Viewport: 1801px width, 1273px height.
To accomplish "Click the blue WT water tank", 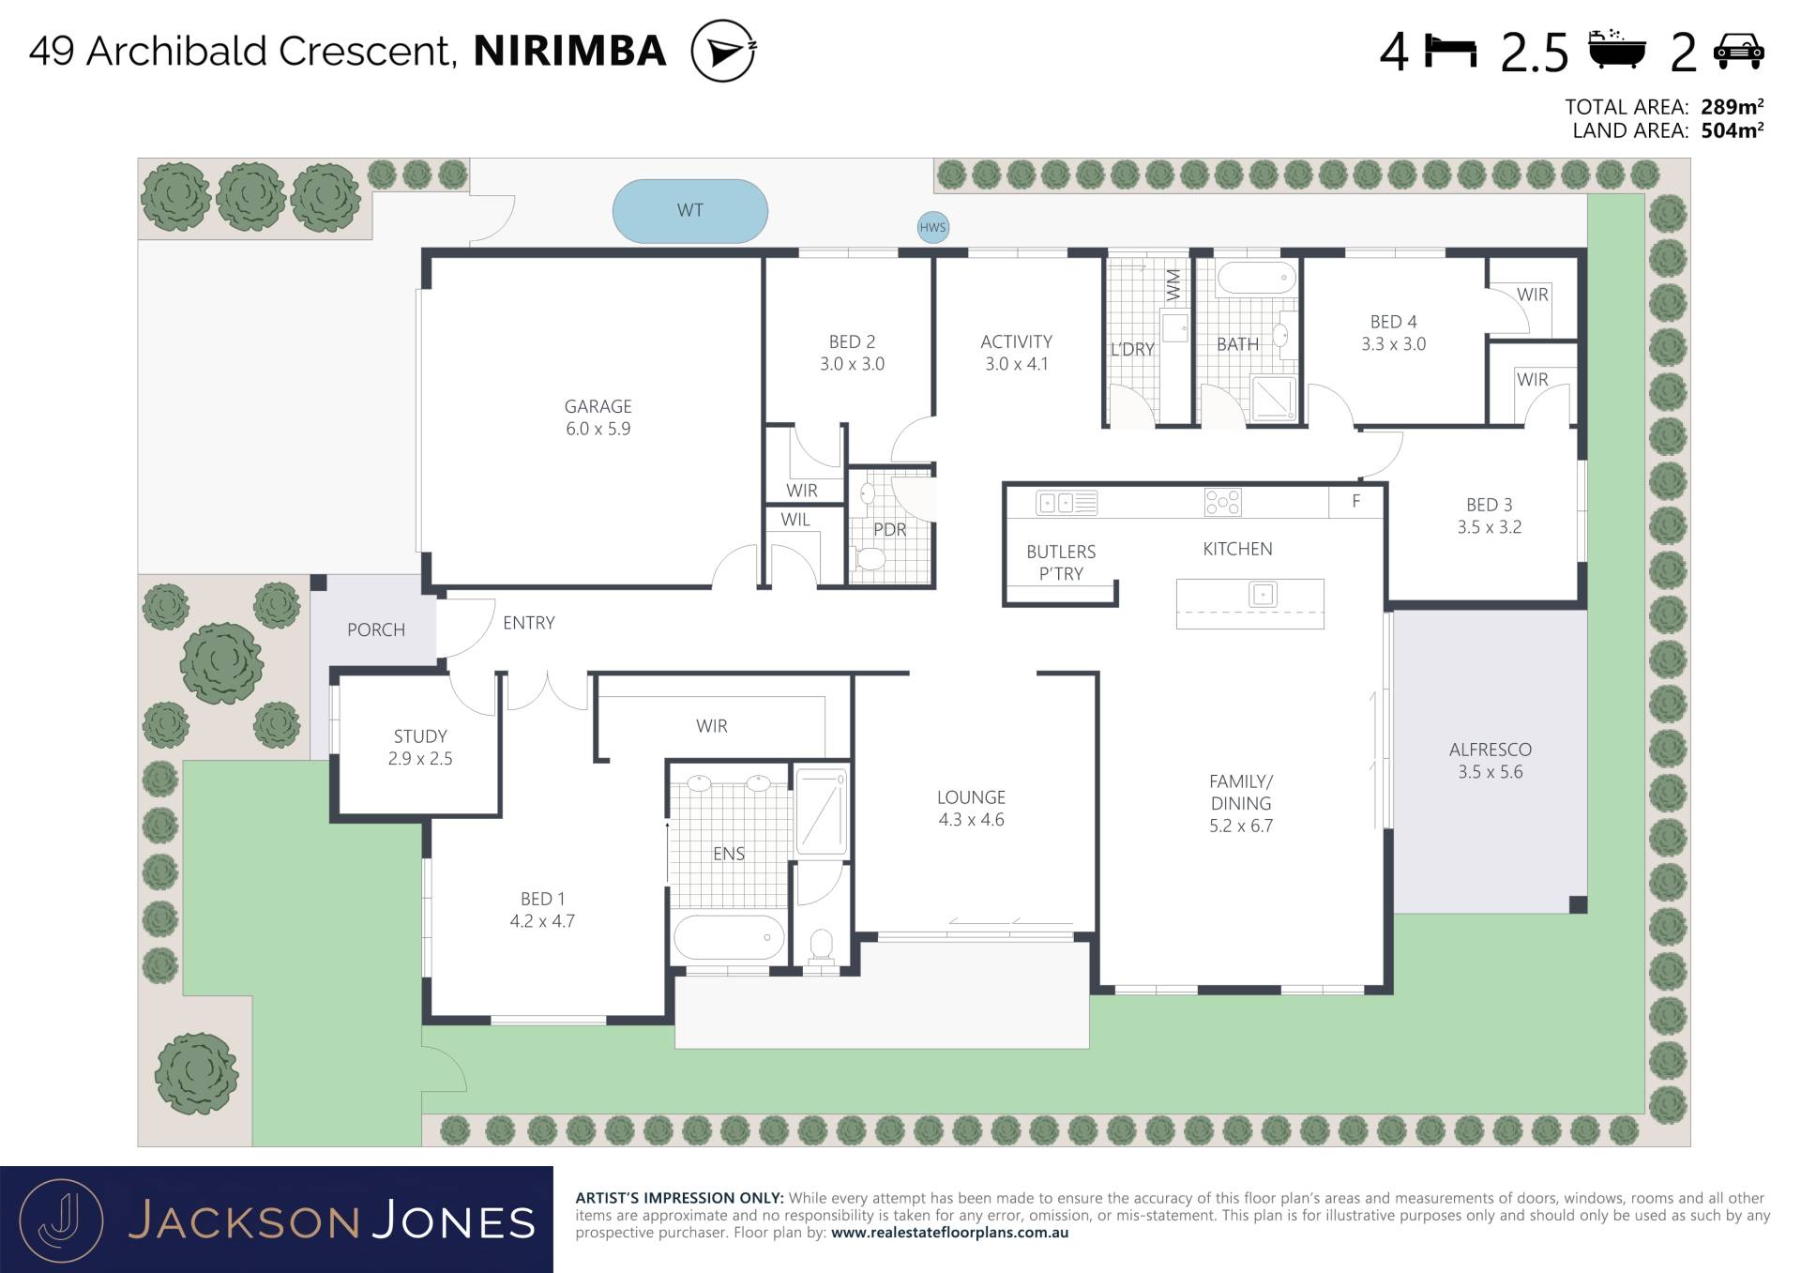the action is click(x=689, y=211).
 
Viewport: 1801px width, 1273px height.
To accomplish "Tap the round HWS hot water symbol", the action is click(x=932, y=227).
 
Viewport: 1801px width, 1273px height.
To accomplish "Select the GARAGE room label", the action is click(x=598, y=406).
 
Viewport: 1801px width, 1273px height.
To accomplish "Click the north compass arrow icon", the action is click(x=723, y=51).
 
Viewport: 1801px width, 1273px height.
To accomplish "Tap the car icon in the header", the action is click(x=1738, y=51).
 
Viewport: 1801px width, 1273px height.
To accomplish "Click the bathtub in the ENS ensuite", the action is click(x=729, y=937).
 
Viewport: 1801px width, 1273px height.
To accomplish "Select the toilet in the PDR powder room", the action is click(x=870, y=559).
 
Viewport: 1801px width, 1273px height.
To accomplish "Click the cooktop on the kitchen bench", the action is click(x=1222, y=503).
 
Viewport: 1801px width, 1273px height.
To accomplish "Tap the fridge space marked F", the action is click(x=1356, y=502).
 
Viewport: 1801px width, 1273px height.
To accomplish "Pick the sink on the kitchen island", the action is click(x=1263, y=594).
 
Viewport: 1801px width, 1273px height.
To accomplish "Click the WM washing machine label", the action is click(x=1173, y=285).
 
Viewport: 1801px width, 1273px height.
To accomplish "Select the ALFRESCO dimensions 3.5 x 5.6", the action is click(x=1490, y=772).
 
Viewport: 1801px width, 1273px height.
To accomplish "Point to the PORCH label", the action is click(x=376, y=630).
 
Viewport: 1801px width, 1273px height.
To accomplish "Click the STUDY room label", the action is click(x=420, y=736).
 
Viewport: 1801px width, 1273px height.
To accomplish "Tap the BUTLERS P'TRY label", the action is click(x=1061, y=563).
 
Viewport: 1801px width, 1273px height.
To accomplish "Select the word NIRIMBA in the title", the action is click(x=570, y=51).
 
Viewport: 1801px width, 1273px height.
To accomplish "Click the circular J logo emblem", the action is click(x=61, y=1220).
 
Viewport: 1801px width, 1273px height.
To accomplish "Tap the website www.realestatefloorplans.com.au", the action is click(x=949, y=1233).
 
